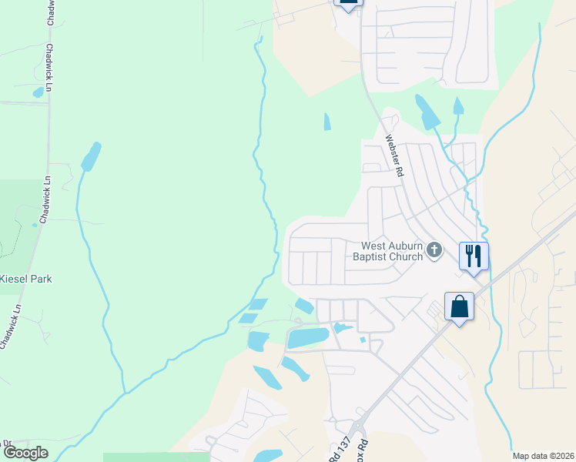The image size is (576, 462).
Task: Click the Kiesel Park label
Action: point(26,279)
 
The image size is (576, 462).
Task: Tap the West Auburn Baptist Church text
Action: point(387,252)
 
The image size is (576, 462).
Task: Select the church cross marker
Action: point(435,249)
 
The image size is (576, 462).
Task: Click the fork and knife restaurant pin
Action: point(474,256)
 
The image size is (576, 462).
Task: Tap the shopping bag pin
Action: point(459,306)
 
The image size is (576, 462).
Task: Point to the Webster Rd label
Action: point(394,157)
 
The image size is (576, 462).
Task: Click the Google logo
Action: point(25,454)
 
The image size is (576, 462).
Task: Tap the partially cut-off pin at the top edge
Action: point(347,4)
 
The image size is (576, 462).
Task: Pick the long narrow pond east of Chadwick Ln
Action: point(90,156)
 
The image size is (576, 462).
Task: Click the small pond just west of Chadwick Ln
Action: point(39,92)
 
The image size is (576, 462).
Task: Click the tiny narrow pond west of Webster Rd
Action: point(327,122)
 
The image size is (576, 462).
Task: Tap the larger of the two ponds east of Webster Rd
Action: point(426,112)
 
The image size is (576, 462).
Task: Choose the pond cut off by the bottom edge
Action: point(268,456)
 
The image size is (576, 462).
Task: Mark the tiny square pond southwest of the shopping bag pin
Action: point(362,340)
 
